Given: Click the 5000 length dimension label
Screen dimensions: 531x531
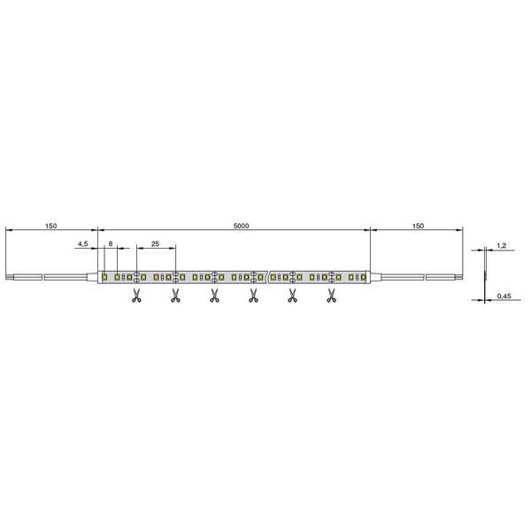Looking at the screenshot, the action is click(x=241, y=226).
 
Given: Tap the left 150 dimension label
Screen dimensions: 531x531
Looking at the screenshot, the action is click(x=50, y=226).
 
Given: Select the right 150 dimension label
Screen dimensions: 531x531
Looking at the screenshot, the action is click(x=419, y=226).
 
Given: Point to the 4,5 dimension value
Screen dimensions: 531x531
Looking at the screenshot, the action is click(x=82, y=243).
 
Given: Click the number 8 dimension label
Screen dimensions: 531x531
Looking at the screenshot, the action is click(x=111, y=243).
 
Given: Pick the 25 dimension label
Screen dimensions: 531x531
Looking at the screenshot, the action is click(x=155, y=243).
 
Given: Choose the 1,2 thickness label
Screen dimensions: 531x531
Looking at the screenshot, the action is click(x=502, y=246).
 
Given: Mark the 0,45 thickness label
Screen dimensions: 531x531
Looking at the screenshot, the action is click(x=504, y=296).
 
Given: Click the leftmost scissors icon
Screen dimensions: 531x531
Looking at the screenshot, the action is click(x=136, y=296).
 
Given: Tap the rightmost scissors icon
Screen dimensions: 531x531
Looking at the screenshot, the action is click(x=331, y=296).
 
